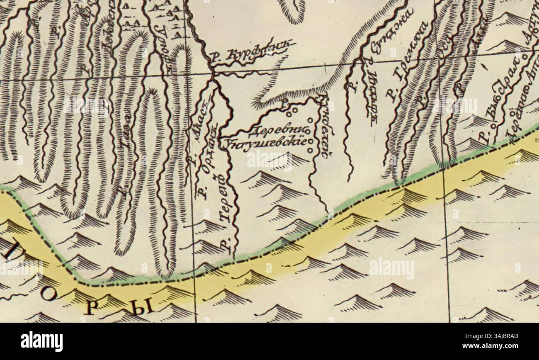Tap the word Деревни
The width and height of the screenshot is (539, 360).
(277, 132)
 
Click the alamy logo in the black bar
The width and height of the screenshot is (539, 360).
(41, 341)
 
